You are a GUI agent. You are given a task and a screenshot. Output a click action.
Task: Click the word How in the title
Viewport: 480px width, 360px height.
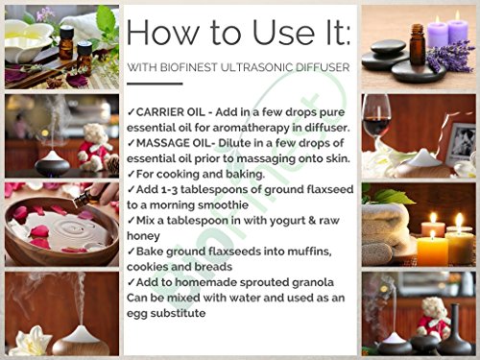[x=162, y=32]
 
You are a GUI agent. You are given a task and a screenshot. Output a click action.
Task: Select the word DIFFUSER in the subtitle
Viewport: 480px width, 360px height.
[x=323, y=67]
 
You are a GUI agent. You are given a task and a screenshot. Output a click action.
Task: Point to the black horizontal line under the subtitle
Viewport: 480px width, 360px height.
[x=155, y=84]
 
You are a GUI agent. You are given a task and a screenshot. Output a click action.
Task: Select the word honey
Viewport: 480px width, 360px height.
[x=143, y=236]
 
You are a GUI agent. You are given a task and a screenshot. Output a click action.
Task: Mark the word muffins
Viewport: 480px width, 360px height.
[x=309, y=252]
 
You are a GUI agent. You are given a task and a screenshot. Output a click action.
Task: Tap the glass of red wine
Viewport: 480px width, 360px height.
[x=376, y=118]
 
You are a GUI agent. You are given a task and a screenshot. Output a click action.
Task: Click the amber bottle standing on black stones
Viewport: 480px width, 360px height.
[x=417, y=44]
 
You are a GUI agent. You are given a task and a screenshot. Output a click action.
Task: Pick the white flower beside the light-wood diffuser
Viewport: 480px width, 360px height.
[x=32, y=342]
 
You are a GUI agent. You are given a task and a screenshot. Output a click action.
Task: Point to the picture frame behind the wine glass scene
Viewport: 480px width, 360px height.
[x=462, y=143]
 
